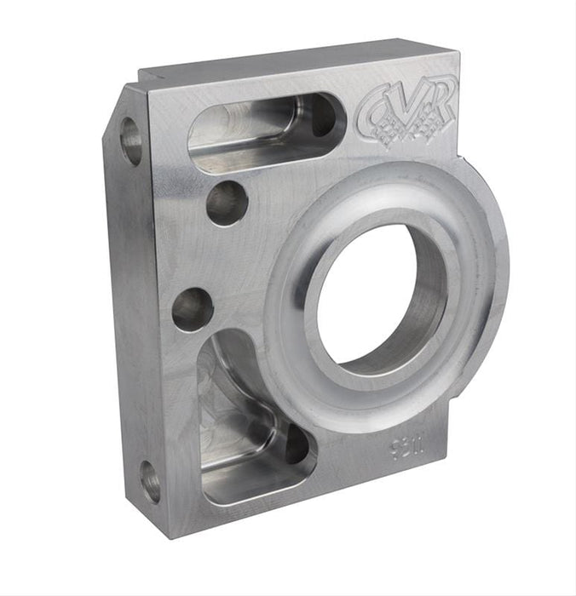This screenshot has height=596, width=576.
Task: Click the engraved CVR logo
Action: tap(408, 110)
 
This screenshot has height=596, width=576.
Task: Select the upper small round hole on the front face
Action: tap(227, 203)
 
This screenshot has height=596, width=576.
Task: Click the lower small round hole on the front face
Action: tap(193, 309)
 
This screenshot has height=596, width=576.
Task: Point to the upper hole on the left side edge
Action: tap(130, 141)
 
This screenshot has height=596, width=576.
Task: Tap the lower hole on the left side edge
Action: tap(150, 482)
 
